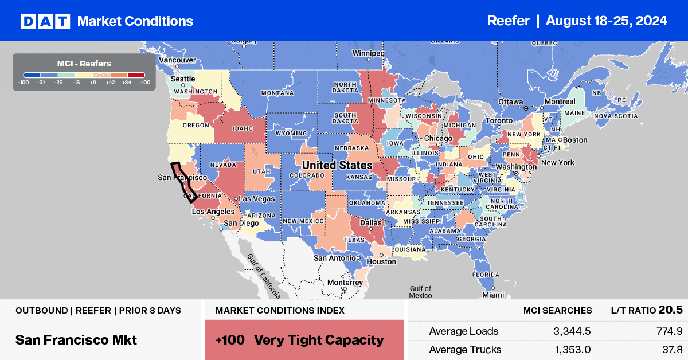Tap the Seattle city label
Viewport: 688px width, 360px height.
tap(183, 79)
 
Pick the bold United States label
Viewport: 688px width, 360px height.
tap(337, 165)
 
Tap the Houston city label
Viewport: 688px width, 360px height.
tap(382, 261)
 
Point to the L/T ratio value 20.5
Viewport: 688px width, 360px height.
tap(670, 310)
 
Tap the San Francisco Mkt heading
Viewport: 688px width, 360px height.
tap(76, 340)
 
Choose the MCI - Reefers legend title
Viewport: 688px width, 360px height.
tap(84, 64)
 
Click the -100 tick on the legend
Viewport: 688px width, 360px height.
tap(23, 82)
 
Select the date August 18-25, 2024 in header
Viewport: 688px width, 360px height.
tap(607, 21)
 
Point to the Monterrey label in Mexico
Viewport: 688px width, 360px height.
tap(345, 283)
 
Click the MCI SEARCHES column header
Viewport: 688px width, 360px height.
tap(557, 310)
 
